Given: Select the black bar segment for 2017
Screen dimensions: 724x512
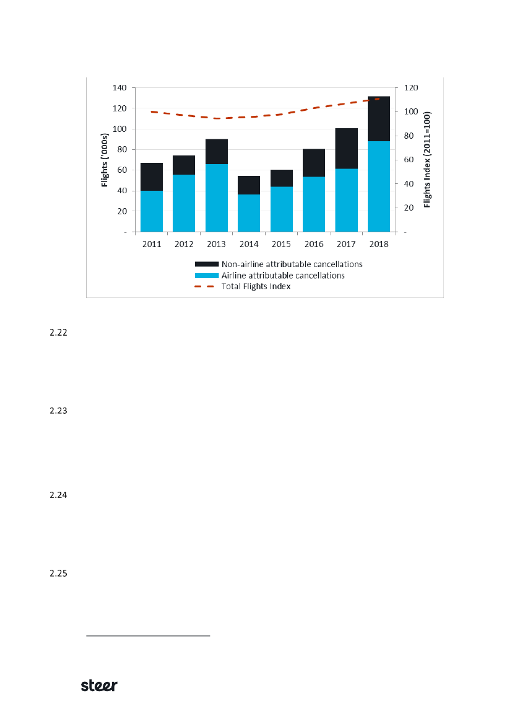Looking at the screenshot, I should coord(346,149).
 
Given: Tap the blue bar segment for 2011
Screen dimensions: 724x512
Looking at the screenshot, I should coord(152,211).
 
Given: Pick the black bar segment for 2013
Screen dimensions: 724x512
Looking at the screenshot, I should coord(217,152).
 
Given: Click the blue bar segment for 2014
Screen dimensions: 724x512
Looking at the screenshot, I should coord(249,212).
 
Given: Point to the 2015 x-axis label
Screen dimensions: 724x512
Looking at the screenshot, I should coord(281,244).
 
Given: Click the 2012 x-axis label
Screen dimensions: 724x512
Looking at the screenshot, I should coord(184,244).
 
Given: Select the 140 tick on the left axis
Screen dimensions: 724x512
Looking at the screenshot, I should coord(119,88).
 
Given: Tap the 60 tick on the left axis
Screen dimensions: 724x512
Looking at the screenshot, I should coord(122,170).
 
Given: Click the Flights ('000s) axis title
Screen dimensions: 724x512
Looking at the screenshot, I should coord(106,160).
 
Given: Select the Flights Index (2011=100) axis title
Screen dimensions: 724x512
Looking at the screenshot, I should coord(427,160).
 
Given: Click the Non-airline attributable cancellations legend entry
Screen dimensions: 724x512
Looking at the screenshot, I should coord(292,264).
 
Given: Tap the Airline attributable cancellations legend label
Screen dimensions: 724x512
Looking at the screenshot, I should coord(283,275).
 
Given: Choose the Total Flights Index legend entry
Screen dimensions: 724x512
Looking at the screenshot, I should coord(256,286).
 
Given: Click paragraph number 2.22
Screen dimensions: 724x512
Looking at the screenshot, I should coord(58,333).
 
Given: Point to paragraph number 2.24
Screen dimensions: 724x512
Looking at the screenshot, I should coord(58,495).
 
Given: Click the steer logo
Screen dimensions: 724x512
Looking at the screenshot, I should coord(100,686).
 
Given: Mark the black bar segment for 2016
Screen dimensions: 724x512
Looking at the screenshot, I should coord(314,163).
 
